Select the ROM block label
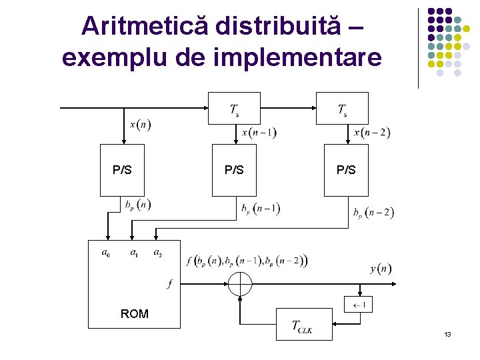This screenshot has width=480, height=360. (x=134, y=313)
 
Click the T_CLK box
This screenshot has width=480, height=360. (x=303, y=325)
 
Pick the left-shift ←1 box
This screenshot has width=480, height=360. (x=358, y=305)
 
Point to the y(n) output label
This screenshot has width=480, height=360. (x=381, y=269)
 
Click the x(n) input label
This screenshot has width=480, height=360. (x=140, y=125)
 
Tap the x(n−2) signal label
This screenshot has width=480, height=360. (x=372, y=132)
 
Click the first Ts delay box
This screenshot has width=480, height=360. (x=235, y=108)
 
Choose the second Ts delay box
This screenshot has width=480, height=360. (x=343, y=108)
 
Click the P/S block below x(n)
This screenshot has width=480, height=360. (x=122, y=170)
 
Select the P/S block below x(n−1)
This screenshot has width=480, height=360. (x=234, y=170)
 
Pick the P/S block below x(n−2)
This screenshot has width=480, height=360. (x=346, y=170)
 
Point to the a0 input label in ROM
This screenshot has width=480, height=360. (x=106, y=253)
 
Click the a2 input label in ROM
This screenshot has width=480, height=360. (x=157, y=253)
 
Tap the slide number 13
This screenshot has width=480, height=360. (x=447, y=333)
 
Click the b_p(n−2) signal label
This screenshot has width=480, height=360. (x=373, y=213)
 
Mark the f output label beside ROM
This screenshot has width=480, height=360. (x=169, y=284)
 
